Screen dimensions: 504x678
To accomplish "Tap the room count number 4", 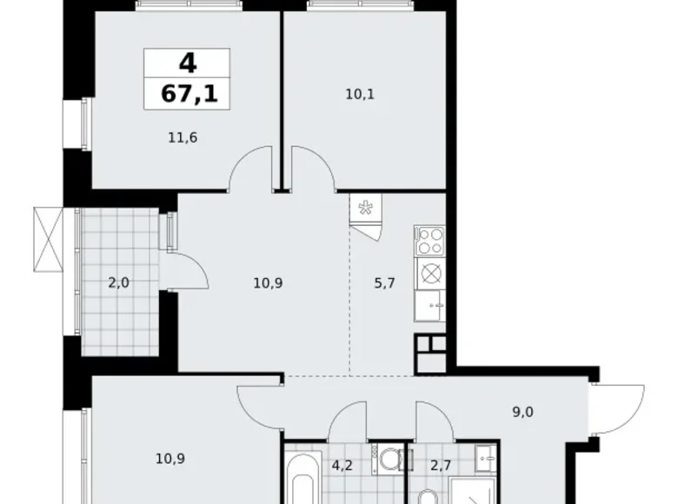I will click(188, 63).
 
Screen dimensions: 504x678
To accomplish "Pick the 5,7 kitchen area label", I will click(383, 282).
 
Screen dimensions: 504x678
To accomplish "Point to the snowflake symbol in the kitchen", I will click(366, 208).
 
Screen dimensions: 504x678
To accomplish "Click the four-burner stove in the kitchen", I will click(429, 239).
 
